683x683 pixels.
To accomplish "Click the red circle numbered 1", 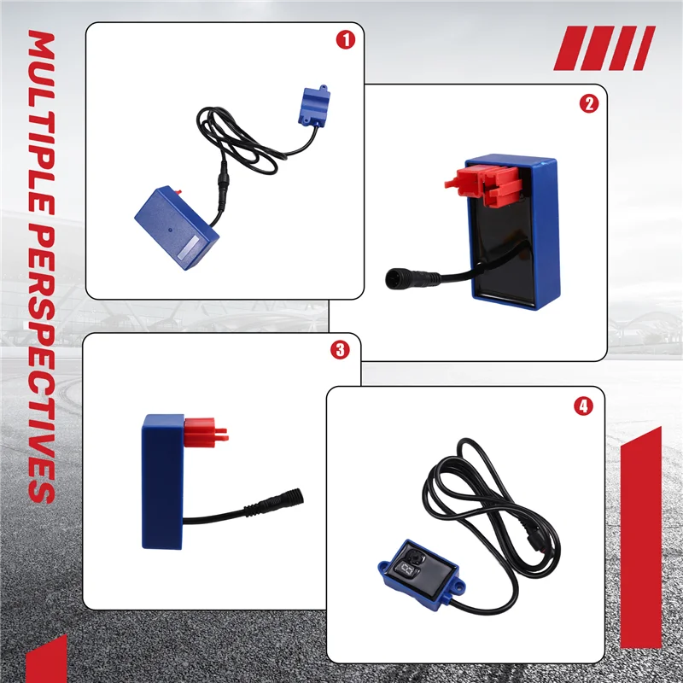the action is pyautogui.click(x=346, y=39).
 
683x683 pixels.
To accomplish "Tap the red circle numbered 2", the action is pyautogui.click(x=589, y=103).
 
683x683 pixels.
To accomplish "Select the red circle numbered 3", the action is pyautogui.click(x=340, y=350).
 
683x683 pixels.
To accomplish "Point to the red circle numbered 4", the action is pyautogui.click(x=583, y=406).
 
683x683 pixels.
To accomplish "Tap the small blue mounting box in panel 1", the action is pyautogui.click(x=313, y=106).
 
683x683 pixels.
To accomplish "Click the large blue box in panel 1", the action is pyautogui.click(x=177, y=228).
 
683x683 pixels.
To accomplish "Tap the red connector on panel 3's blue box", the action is pyautogui.click(x=205, y=433).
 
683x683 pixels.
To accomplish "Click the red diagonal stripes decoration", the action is pyautogui.click(x=604, y=48).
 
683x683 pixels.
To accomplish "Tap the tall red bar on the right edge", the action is pyautogui.click(x=641, y=538).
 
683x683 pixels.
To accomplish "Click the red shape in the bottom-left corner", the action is pyautogui.click(x=47, y=659).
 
